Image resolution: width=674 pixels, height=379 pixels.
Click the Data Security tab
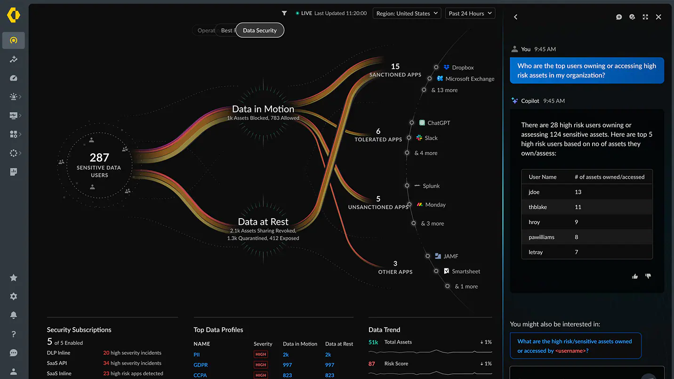pyautogui.click(x=259, y=30)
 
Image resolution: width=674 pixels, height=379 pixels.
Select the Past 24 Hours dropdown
pyautogui.click(x=470, y=13)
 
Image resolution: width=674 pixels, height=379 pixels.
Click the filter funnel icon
pyautogui.click(x=284, y=13)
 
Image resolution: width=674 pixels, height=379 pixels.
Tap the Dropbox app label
pyautogui.click(x=462, y=67)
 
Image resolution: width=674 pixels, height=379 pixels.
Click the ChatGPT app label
pyautogui.click(x=438, y=123)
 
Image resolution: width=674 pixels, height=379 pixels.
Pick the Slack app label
pyautogui.click(x=431, y=138)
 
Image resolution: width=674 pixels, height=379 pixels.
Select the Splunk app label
pyautogui.click(x=431, y=186)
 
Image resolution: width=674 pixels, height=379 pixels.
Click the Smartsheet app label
pyautogui.click(x=465, y=271)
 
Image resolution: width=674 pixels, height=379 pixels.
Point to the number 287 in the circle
pyautogui.click(x=99, y=158)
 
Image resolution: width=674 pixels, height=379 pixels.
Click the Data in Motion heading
pyautogui.click(x=263, y=109)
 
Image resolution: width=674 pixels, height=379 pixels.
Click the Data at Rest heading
pyautogui.click(x=263, y=221)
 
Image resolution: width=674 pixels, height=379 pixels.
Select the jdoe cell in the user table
pyautogui.click(x=534, y=192)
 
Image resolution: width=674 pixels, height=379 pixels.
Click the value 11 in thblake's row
pyautogui.click(x=578, y=207)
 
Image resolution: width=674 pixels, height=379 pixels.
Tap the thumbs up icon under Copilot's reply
pyautogui.click(x=635, y=276)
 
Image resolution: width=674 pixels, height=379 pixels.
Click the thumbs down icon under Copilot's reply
pyautogui.click(x=648, y=276)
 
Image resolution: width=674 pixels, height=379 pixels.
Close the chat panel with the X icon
pyautogui.click(x=658, y=17)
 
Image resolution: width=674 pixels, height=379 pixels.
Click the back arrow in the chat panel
pyautogui.click(x=515, y=17)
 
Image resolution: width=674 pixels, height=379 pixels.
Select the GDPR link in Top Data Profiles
pyautogui.click(x=201, y=365)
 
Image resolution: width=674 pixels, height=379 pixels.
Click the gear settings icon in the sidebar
pyautogui.click(x=14, y=296)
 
